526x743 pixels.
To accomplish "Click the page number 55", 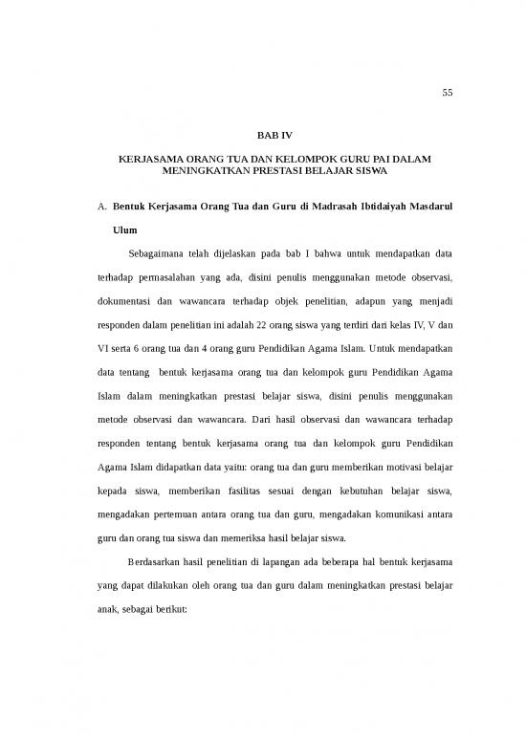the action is pos(447,93).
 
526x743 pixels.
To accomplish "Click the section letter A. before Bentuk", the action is pos(101,207).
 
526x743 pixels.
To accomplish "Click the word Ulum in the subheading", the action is pos(125,230).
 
